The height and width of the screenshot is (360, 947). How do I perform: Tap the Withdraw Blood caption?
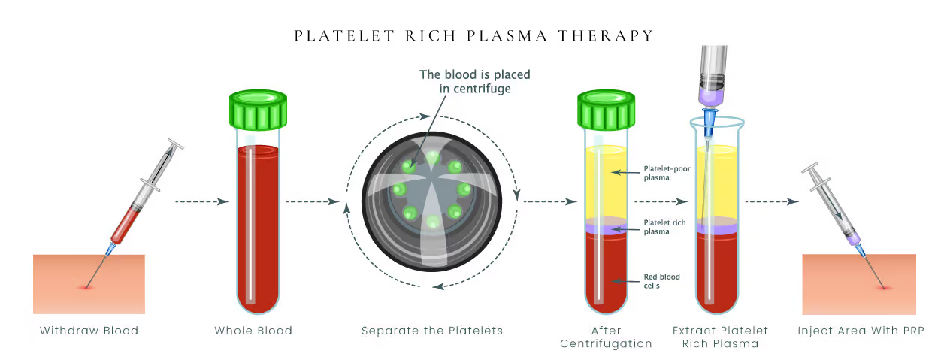coord(89,331)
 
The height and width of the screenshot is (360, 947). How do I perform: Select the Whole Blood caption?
coord(253,331)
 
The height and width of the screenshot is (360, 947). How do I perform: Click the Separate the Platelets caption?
coord(432,331)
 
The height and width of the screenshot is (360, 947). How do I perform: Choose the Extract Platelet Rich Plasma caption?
coord(721,337)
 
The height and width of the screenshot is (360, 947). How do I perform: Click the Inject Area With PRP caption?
coord(861,331)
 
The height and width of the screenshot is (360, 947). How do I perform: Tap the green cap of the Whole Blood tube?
coord(258,110)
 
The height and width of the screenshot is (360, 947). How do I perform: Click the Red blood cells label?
coord(661,281)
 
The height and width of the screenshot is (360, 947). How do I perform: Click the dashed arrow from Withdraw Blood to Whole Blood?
coord(201,201)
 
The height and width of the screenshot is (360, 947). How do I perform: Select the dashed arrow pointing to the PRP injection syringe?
coord(770,201)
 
